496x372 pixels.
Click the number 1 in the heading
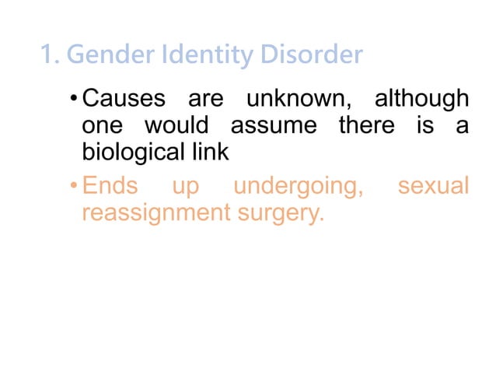pyautogui.click(x=47, y=56)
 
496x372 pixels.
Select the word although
pyautogui.click(x=422, y=100)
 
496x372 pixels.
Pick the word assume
pyautogui.click(x=274, y=125)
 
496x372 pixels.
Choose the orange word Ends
pyautogui.click(x=110, y=187)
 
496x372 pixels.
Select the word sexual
pyautogui.click(x=433, y=187)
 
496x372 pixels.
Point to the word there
pyautogui.click(x=366, y=125)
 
